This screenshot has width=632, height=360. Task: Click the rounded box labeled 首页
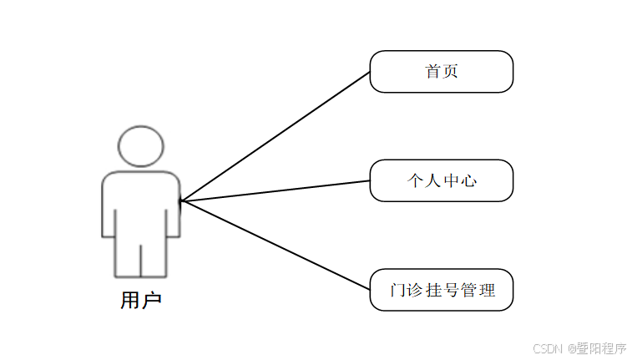tap(441, 72)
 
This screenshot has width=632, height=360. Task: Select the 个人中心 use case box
tap(441, 180)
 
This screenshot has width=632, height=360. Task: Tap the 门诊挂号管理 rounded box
tap(441, 290)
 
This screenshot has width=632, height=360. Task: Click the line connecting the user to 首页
tap(276, 136)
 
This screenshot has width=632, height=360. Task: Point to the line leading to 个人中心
tap(276, 191)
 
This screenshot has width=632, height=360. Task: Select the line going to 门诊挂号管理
tap(276, 246)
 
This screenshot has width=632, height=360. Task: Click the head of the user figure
tap(140, 146)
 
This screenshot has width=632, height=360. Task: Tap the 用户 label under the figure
tap(140, 300)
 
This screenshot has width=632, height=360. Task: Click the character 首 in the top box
tap(432, 72)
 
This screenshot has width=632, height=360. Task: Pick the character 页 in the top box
tap(451, 72)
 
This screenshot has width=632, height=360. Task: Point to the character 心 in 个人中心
tap(469, 180)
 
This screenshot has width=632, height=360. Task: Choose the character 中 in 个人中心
tap(451, 180)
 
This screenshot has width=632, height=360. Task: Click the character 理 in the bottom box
tap(487, 291)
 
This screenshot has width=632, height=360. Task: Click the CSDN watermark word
tap(546, 347)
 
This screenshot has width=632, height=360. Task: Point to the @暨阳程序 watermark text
tap(595, 347)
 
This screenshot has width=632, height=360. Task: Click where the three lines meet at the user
tap(181, 200)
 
